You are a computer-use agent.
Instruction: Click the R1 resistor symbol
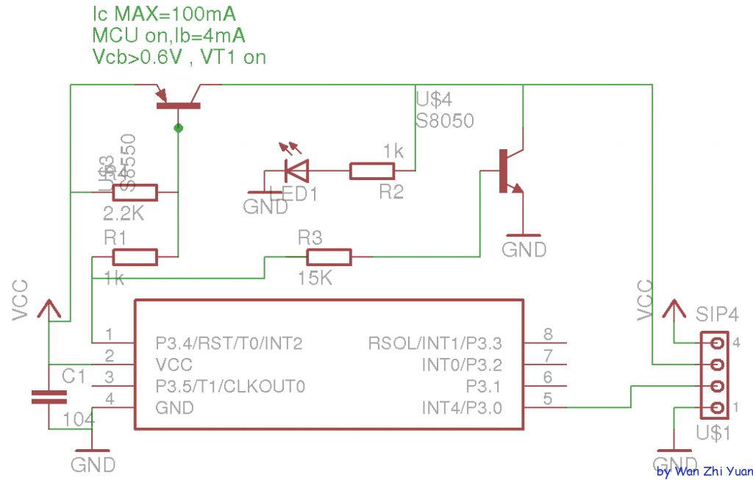(x=135, y=257)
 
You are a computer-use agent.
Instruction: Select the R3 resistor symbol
(x=329, y=257)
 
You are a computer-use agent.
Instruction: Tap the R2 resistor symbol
(x=371, y=171)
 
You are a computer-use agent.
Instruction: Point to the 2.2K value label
(x=123, y=214)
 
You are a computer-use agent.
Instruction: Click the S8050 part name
(x=445, y=120)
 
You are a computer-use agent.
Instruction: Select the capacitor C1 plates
(x=49, y=397)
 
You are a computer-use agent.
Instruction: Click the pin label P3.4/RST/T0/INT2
(x=229, y=343)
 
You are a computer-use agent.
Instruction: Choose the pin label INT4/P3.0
(x=462, y=407)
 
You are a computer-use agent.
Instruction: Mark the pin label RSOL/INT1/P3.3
(x=435, y=343)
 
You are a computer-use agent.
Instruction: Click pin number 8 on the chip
(x=548, y=334)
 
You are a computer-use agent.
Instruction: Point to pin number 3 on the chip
(x=109, y=377)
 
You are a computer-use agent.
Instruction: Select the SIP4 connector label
(x=717, y=315)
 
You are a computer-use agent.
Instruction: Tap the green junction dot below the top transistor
(x=178, y=129)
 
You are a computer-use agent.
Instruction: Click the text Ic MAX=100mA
(x=163, y=14)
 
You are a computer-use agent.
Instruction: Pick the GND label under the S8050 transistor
(x=524, y=250)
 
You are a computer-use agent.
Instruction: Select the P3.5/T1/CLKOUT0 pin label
(x=230, y=386)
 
